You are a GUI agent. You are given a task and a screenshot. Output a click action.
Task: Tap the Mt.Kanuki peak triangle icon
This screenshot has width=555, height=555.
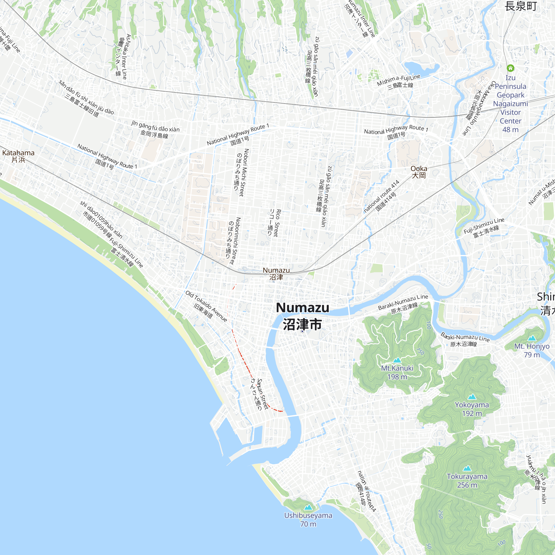[397, 360]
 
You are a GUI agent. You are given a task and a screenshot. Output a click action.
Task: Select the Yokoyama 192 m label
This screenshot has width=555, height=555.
[472, 409]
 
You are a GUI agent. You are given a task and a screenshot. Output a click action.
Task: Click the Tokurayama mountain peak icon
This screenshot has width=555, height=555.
[467, 468]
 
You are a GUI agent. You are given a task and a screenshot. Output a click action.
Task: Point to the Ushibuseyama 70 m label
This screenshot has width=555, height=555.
[308, 520]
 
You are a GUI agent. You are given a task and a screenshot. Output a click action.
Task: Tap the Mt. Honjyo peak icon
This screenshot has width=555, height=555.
[532, 338]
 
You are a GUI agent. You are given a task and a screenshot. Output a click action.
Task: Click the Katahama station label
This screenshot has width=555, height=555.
[18, 156]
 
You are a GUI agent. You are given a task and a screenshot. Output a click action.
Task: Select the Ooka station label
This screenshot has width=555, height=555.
[418, 172]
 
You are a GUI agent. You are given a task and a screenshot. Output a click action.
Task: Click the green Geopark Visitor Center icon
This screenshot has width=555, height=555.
[510, 68]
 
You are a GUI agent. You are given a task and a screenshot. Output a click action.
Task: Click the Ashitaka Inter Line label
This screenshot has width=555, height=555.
[123, 57]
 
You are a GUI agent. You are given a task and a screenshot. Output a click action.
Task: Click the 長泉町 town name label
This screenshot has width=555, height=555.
[521, 6]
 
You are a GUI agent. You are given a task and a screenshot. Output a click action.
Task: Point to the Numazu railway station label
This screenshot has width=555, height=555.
[276, 274]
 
